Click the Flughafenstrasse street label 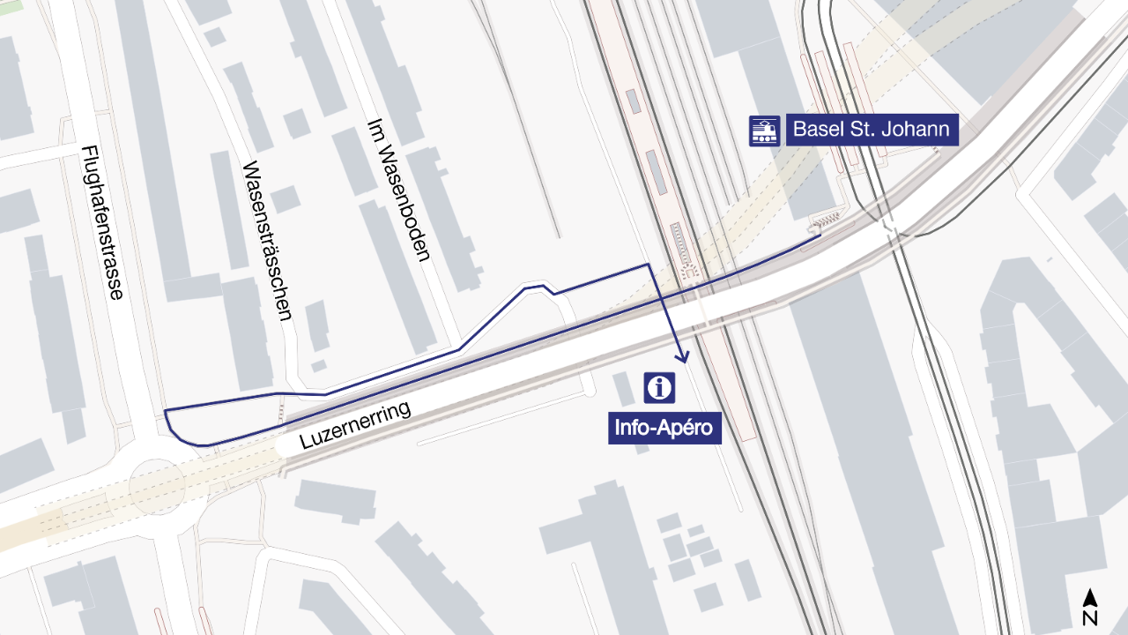click(102, 222)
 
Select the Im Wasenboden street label click(397, 191)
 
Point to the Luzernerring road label click(356, 426)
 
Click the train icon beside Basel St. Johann click(764, 131)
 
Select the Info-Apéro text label click(665, 429)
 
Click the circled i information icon click(659, 387)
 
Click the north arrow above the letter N click(1090, 597)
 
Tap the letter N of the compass click(1090, 617)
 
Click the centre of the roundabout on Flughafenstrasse click(157, 487)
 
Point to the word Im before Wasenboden click(373, 134)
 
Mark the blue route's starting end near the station click(820, 235)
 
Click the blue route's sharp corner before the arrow click(649, 264)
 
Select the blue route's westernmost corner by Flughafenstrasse click(165, 411)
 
